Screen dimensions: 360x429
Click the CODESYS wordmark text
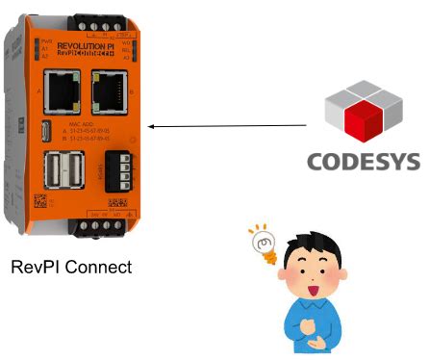(x=364, y=160)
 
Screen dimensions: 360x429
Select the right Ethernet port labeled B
(x=105, y=92)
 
